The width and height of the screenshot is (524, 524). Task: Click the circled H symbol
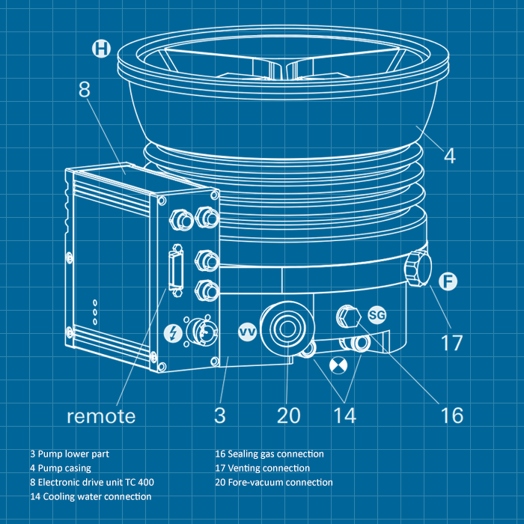101,49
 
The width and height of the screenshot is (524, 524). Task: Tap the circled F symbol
448,281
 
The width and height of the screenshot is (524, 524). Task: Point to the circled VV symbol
248,331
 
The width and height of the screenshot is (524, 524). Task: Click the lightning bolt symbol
173,332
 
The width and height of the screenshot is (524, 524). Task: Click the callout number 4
449,156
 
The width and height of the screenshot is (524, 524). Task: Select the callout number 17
451,344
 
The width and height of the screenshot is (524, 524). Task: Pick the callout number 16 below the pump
452,415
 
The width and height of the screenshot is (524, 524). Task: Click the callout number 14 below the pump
344,415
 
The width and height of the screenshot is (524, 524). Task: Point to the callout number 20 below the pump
288,415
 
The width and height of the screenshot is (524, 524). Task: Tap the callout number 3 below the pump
219,415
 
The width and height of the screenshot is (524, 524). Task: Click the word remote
101,415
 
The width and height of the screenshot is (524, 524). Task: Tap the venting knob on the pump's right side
416,269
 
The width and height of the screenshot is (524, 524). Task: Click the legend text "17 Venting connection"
262,468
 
